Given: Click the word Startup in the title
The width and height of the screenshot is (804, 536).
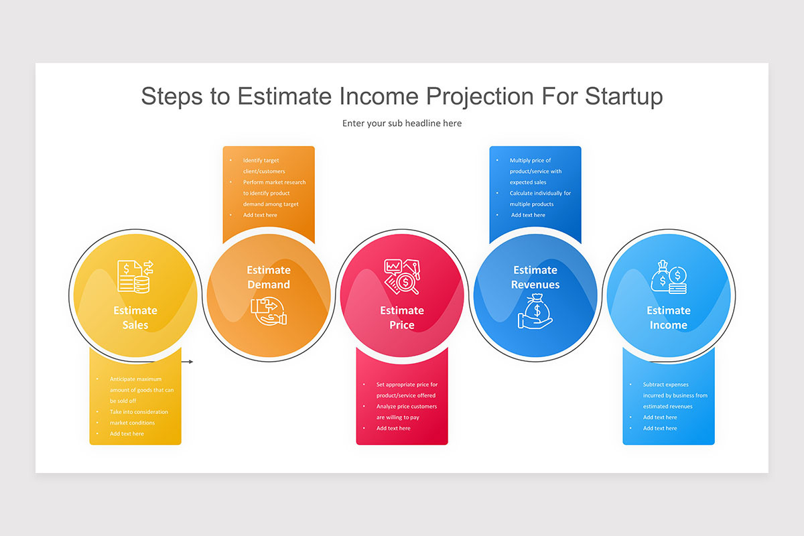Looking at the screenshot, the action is tap(624, 96).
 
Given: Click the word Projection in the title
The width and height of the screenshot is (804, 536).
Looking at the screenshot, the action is tap(480, 96).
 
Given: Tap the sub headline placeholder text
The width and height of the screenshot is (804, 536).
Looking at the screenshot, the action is tap(402, 123).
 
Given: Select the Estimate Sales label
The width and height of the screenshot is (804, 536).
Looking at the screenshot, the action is tap(135, 318).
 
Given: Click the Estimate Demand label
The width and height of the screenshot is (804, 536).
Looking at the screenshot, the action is tap(269, 277).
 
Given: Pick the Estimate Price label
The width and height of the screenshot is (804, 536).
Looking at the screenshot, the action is tap(402, 318).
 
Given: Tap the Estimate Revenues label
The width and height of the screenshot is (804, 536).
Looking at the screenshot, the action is tap(535, 277).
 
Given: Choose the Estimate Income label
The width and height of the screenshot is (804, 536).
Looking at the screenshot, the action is tap(669, 318).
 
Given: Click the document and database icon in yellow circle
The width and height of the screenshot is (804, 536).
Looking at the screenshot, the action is tap(135, 277).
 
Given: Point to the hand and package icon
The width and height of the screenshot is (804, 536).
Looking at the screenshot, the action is tap(269, 311).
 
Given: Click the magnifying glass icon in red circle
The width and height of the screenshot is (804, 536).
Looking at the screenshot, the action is tap(402, 277).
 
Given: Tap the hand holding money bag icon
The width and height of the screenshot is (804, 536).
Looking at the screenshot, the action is tap(535, 311).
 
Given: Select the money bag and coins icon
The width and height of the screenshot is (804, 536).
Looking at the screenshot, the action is tap(669, 277).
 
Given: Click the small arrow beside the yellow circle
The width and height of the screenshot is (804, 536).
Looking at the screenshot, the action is tap(187, 362).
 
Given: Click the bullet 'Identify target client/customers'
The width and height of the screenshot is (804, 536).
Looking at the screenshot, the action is tap(264, 166).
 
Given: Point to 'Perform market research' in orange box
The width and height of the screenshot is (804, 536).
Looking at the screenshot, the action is tap(274, 182).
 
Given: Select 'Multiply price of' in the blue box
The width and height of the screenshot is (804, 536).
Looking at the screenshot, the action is tap(530, 160).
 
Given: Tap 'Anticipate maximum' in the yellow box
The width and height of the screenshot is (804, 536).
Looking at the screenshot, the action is tap(135, 379).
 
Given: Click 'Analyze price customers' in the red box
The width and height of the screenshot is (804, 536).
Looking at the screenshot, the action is tap(407, 406).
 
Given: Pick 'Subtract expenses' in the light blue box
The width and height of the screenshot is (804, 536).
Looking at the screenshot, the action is tap(665, 384).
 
